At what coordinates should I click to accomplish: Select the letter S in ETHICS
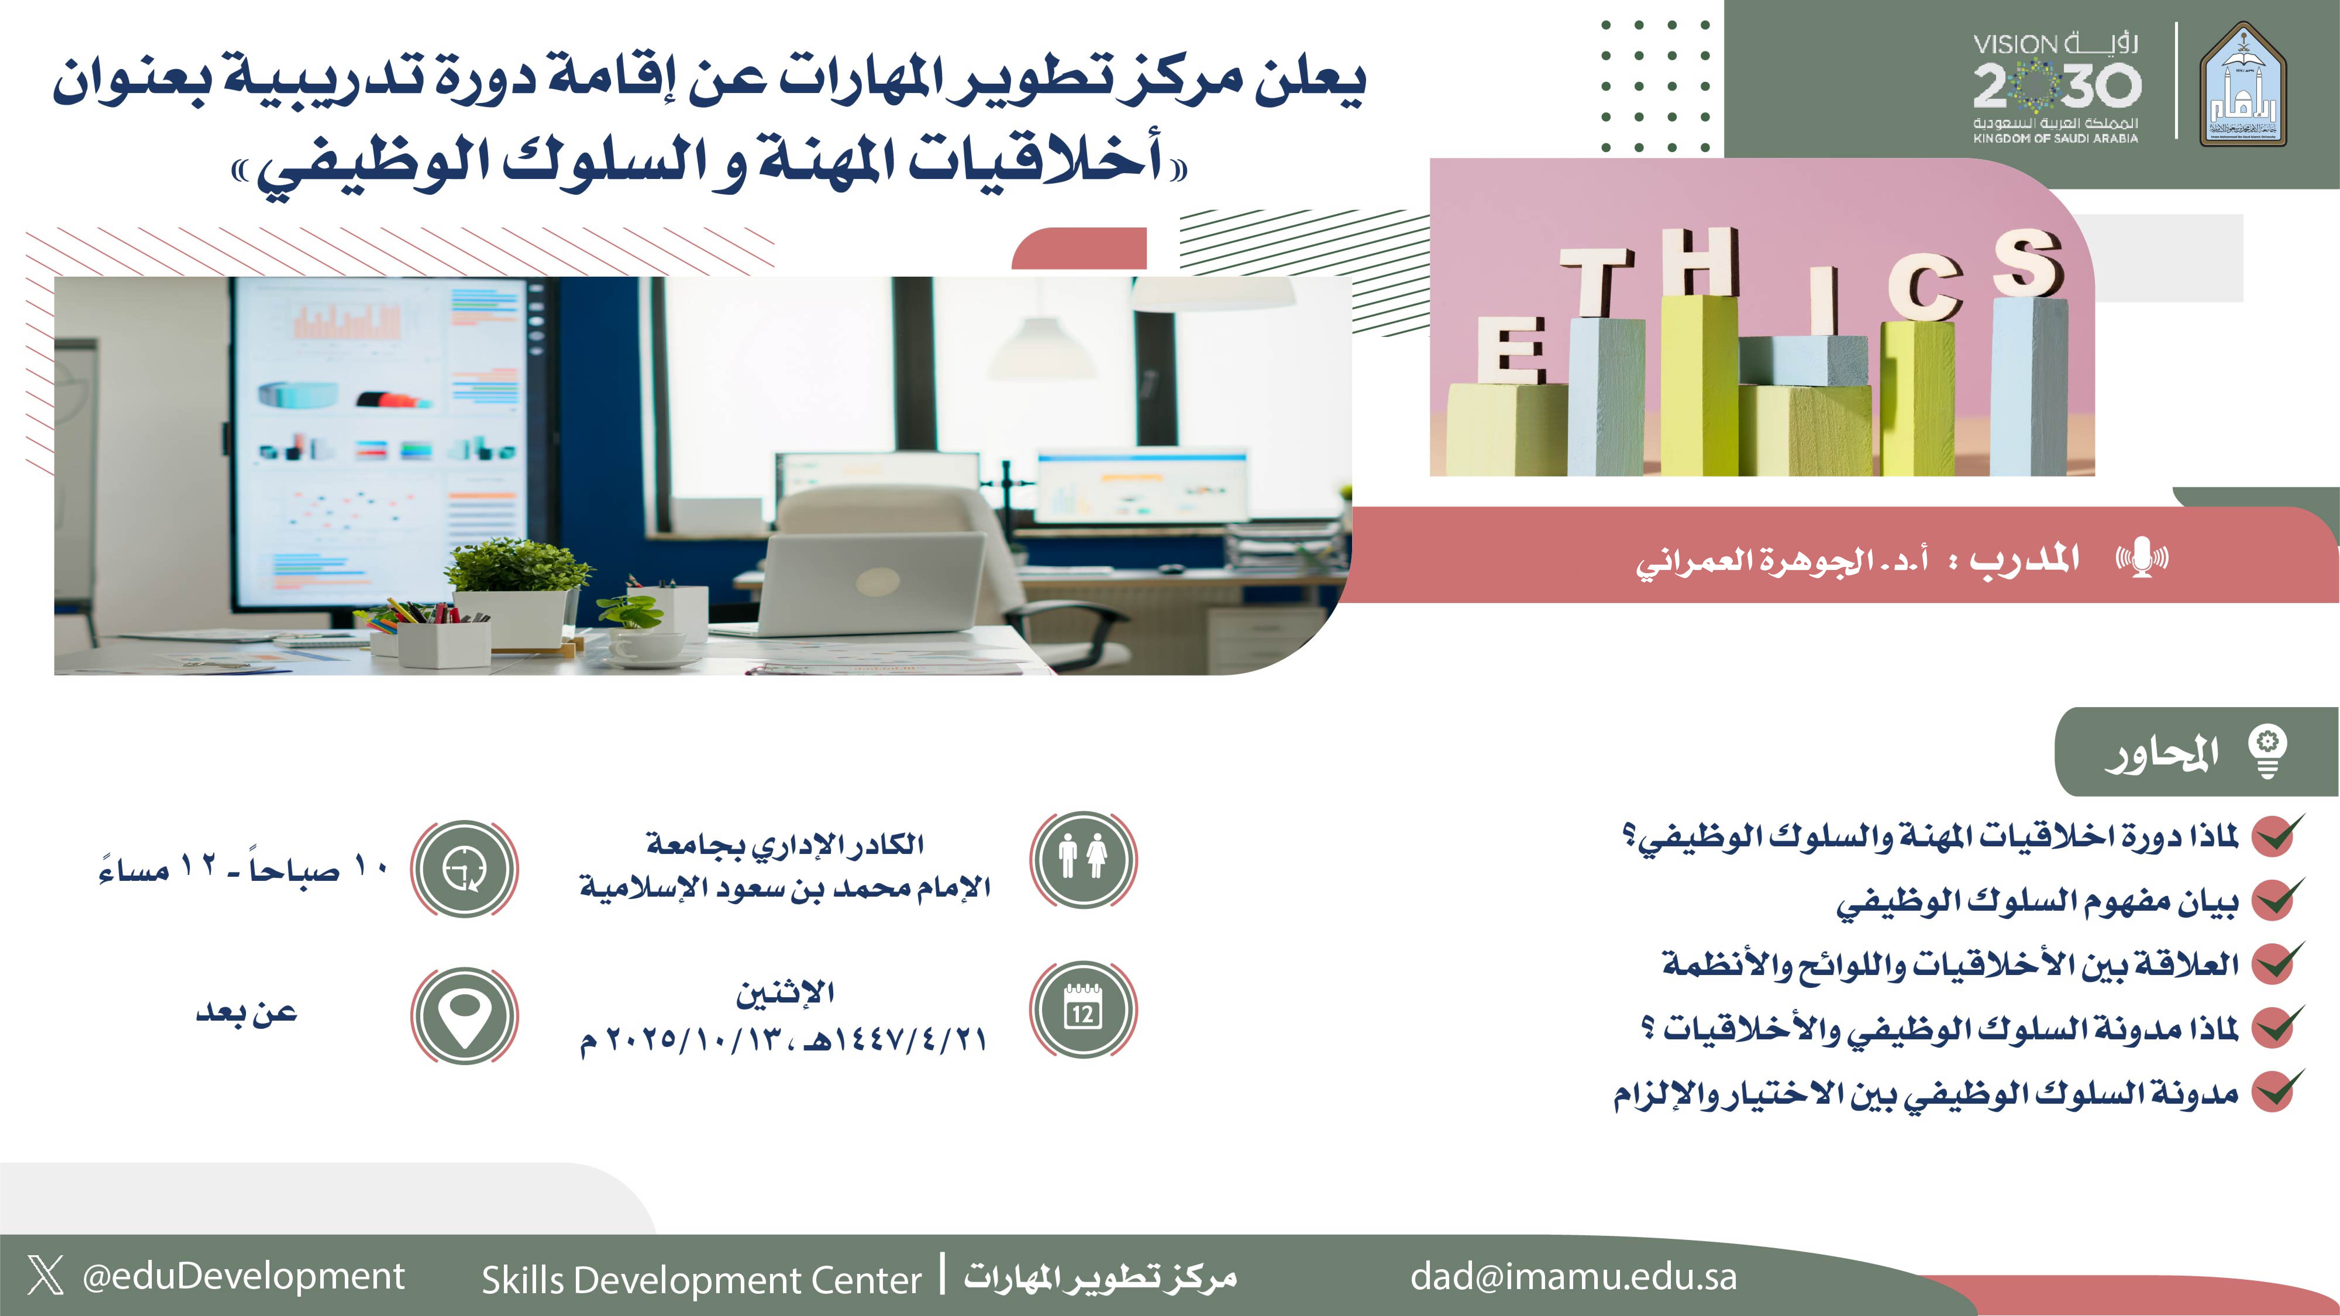(x=2029, y=263)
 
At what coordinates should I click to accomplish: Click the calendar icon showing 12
(x=1083, y=1008)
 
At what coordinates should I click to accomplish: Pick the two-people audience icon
(x=1083, y=858)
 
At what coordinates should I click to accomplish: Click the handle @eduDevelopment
(x=243, y=1276)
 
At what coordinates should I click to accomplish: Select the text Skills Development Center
(x=701, y=1280)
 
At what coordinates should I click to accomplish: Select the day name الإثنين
(x=785, y=992)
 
